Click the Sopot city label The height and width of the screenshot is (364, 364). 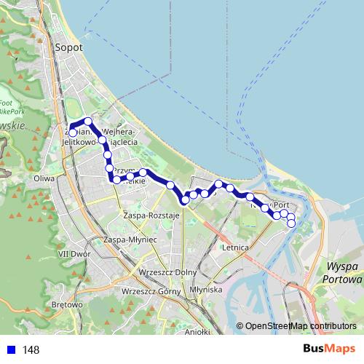click(68, 47)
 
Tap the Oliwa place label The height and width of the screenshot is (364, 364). click(45, 177)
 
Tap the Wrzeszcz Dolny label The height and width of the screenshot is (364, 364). click(151, 272)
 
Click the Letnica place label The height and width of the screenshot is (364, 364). click(237, 248)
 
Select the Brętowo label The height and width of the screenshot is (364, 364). click(68, 304)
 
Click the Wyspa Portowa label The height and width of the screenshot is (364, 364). click(344, 272)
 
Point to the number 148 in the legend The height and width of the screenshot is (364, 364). click(31, 350)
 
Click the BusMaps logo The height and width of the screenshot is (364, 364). click(328, 349)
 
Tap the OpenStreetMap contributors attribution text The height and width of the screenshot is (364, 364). click(301, 326)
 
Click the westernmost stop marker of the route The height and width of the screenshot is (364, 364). click(73, 133)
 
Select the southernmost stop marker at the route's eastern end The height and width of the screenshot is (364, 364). click(291, 223)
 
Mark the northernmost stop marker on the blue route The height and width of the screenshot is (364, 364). click(88, 121)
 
